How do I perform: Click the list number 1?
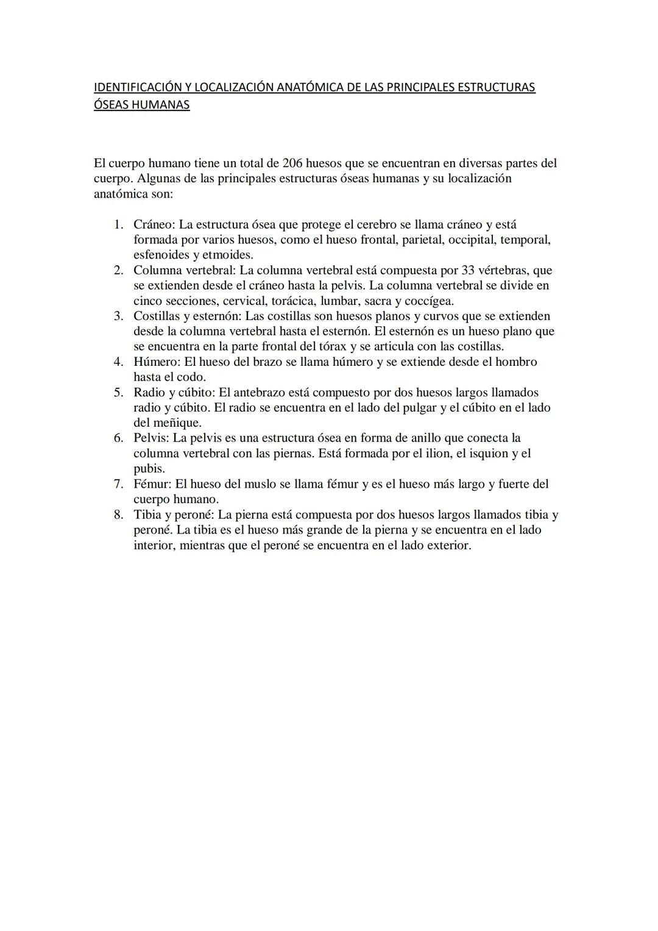coord(119,224)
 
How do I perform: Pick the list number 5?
coord(119,392)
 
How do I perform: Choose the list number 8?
coord(119,515)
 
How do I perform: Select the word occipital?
coord(472,240)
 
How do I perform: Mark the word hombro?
coord(516,362)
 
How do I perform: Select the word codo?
coord(191,377)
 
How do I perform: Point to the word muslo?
coord(260,483)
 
